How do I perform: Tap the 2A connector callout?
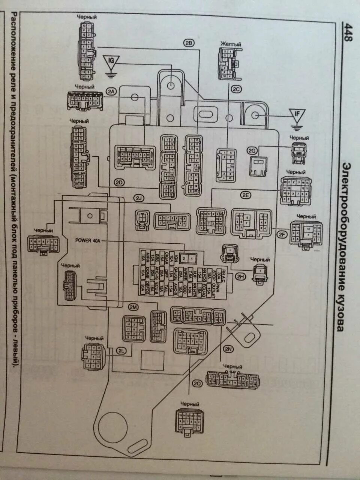(111, 91)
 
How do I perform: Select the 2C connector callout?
(236, 89)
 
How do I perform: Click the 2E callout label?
(246, 195)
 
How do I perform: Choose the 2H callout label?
(240, 277)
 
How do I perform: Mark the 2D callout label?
(119, 183)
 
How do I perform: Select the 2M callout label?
(133, 307)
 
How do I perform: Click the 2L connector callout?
(121, 351)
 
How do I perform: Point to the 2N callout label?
(229, 349)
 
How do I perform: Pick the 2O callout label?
(198, 383)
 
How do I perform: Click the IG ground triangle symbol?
(111, 61)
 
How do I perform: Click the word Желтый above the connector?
(231, 44)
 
